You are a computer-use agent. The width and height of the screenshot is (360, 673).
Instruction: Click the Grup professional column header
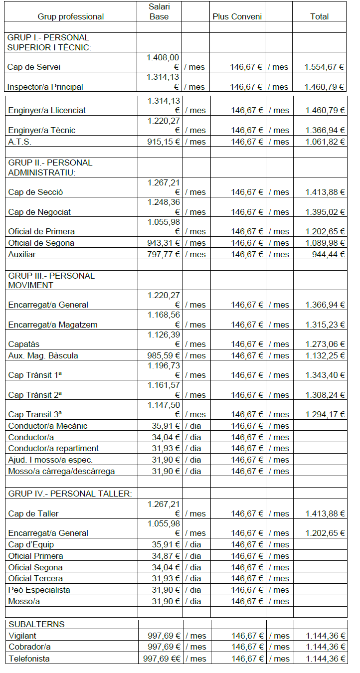coord(71,16)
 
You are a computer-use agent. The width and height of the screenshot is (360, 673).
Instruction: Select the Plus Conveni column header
coord(237,16)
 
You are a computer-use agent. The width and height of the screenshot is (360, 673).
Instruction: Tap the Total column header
coord(319,16)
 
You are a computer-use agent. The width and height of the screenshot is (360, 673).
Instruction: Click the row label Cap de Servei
coord(34,67)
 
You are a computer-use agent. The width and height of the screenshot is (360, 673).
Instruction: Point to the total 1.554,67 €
coord(324,67)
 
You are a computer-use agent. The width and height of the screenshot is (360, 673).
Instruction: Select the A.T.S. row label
coord(20,142)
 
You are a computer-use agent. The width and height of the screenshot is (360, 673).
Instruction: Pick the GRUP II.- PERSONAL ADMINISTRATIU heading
coord(50,168)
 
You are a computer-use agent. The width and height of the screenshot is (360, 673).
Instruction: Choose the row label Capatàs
coord(23,344)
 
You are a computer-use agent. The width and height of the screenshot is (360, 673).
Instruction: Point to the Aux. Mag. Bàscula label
coord(43,355)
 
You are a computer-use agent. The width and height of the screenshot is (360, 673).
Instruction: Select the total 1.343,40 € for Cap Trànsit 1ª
coord(325,375)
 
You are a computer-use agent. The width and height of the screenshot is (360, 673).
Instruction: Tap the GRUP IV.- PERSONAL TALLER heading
coord(70,494)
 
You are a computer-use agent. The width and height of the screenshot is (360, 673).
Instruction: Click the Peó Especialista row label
coord(39,590)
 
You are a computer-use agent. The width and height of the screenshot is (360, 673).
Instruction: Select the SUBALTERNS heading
coord(36,624)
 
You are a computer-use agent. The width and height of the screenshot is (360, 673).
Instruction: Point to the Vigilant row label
coord(22,636)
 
